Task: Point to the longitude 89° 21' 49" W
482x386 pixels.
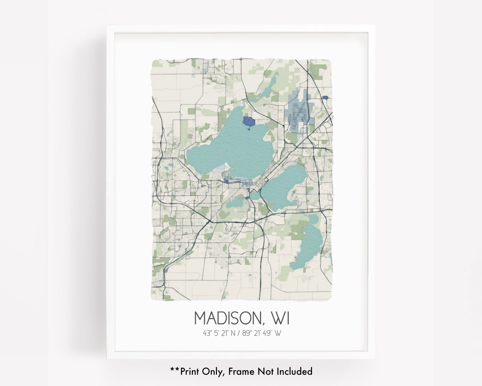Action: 263,333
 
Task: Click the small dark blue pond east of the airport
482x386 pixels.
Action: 325,97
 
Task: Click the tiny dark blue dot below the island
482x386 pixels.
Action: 249,129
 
